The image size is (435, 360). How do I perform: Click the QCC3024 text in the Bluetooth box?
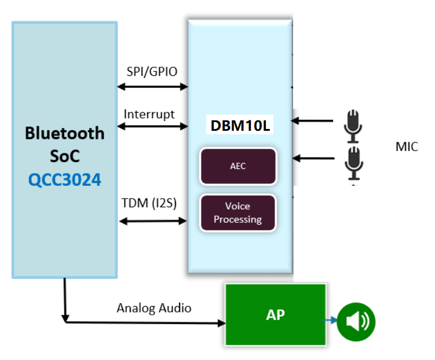tap(65, 179)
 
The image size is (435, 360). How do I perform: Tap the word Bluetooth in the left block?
tap(65, 133)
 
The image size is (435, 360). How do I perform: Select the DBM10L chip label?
tap(239, 126)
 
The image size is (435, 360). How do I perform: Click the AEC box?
tap(238, 166)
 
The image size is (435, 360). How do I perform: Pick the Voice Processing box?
tap(237, 213)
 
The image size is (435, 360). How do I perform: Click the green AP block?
tap(276, 315)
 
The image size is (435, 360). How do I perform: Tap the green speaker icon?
tap(356, 322)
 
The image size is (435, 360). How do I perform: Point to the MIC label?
tap(407, 146)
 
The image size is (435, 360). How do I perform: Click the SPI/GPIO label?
tap(152, 72)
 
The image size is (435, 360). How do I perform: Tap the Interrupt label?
tap(149, 114)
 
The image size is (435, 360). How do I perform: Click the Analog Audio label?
tap(153, 308)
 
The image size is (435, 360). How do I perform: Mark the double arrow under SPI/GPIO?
tap(153, 87)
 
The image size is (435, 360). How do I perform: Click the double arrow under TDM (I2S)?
tap(153, 221)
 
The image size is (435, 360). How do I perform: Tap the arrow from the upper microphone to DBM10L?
tap(313, 121)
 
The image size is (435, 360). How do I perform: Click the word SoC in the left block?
tap(65, 156)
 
